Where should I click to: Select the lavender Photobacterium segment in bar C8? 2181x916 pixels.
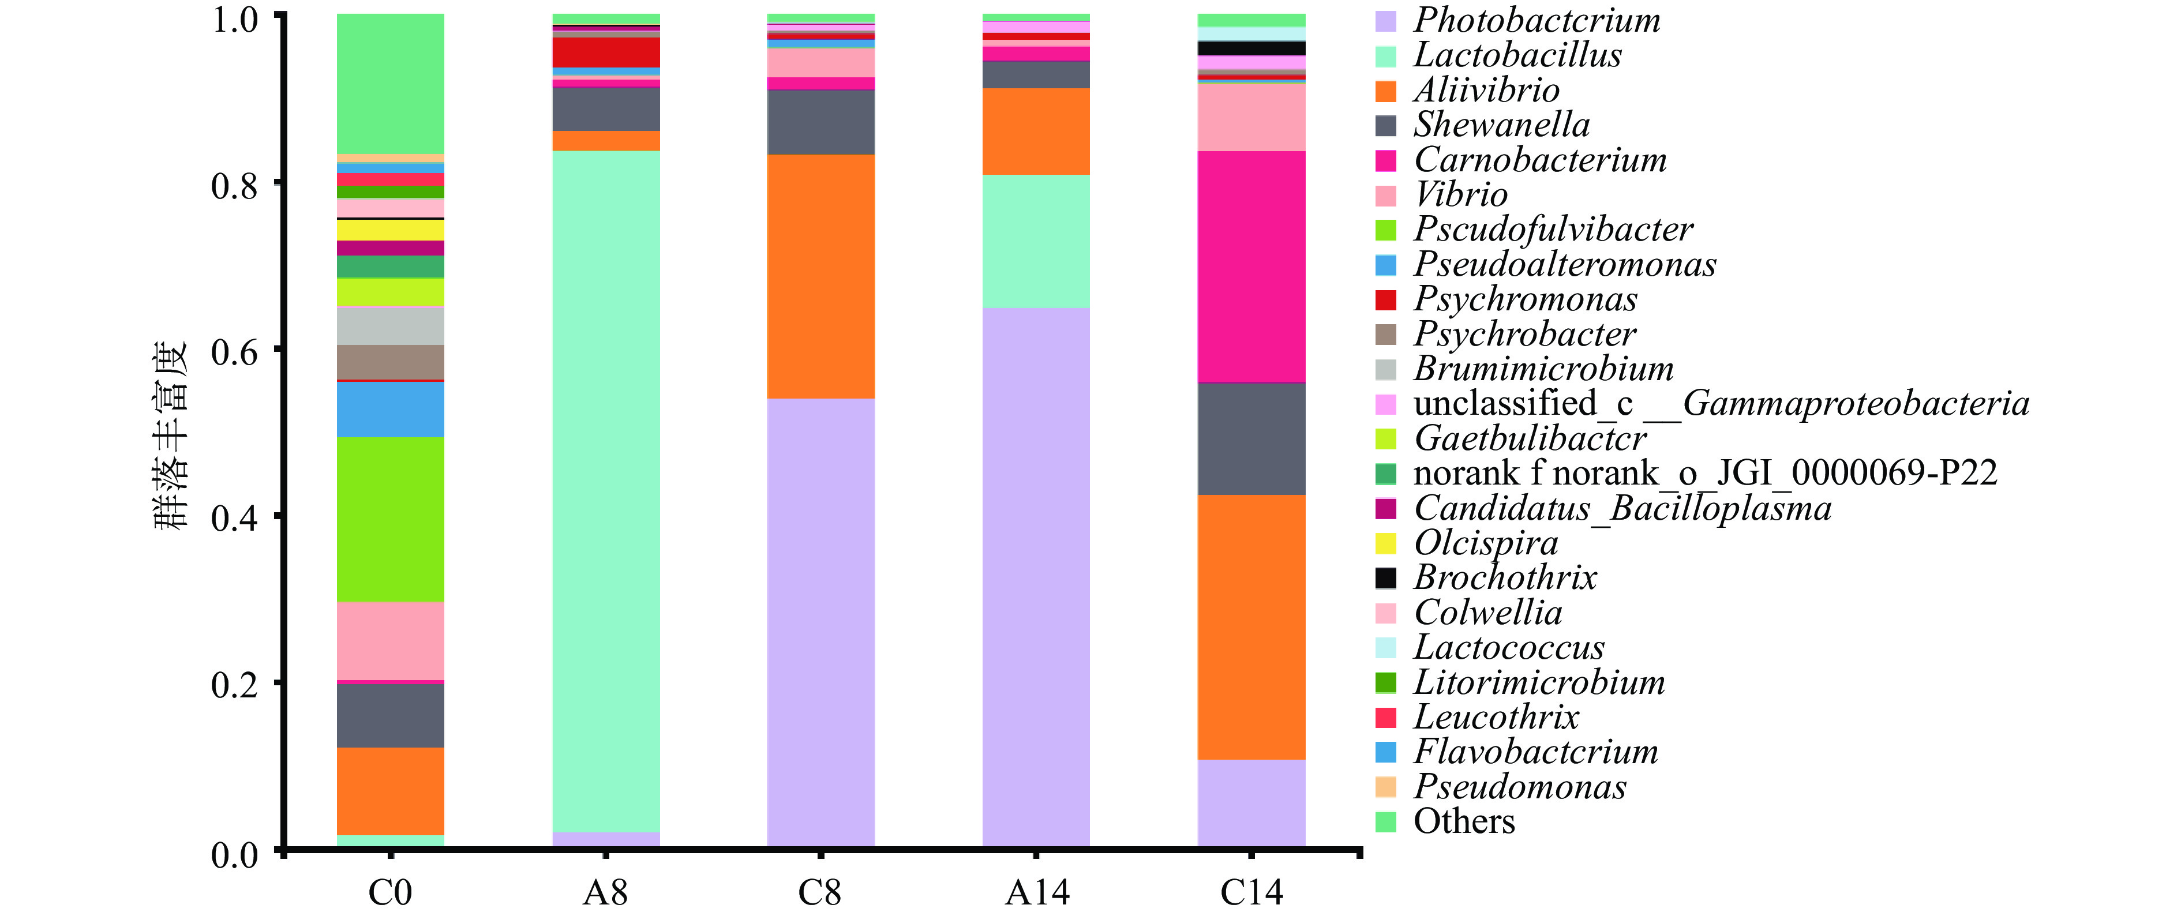point(820,622)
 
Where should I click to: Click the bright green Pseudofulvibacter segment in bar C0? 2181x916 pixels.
point(390,519)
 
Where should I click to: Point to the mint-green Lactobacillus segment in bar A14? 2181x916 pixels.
point(1036,241)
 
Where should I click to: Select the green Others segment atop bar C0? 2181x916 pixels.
point(390,83)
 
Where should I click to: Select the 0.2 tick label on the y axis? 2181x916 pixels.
point(234,685)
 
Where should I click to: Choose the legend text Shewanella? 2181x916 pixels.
point(1501,125)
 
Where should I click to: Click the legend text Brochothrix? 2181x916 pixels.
point(1505,577)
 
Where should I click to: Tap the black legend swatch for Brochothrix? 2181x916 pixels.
point(1385,577)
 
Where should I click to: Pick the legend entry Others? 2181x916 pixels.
point(1464,821)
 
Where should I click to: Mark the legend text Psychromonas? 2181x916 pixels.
point(1525,299)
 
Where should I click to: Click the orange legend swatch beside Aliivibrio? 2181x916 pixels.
point(1385,91)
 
